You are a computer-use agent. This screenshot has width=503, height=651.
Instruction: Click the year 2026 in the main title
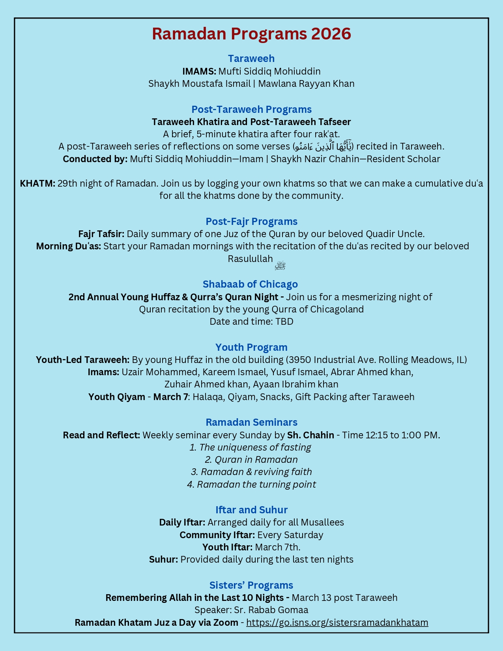(331, 34)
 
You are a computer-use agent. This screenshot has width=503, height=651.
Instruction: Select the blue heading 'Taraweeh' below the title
(251, 58)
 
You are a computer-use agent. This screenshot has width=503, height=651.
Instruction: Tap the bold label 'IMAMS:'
(199, 71)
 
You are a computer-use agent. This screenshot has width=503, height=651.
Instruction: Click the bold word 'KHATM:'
(37, 183)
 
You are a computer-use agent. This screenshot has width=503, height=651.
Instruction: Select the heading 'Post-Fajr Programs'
(251, 221)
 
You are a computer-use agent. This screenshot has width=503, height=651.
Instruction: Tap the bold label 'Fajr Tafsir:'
(101, 234)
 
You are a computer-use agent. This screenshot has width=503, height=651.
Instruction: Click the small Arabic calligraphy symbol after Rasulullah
(280, 265)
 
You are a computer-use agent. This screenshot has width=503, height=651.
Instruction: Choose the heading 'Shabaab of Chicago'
(250, 284)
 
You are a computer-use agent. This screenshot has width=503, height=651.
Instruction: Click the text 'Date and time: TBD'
(251, 322)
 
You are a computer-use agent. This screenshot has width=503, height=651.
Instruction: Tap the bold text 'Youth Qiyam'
(117, 397)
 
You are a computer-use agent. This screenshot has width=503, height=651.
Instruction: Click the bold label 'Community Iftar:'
(217, 535)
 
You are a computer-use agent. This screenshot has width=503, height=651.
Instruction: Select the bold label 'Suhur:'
(163, 559)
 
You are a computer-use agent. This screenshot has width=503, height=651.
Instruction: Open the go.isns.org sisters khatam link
(337, 623)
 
